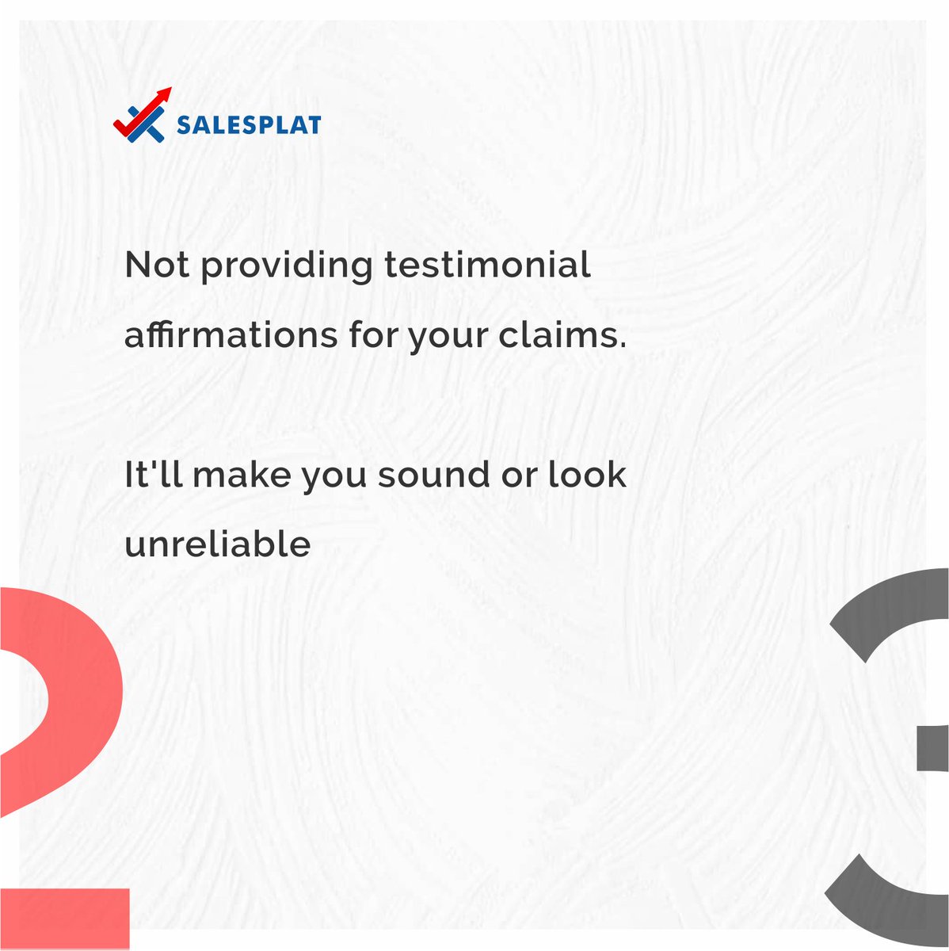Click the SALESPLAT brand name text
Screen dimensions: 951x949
point(249,125)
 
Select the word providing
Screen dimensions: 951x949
point(286,266)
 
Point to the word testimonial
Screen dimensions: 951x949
point(487,265)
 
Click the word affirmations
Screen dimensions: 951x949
point(231,334)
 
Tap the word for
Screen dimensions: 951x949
point(373,334)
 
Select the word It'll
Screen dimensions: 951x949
point(154,474)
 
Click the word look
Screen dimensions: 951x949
point(587,474)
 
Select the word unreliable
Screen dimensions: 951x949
point(217,544)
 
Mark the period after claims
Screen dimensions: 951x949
point(621,346)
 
